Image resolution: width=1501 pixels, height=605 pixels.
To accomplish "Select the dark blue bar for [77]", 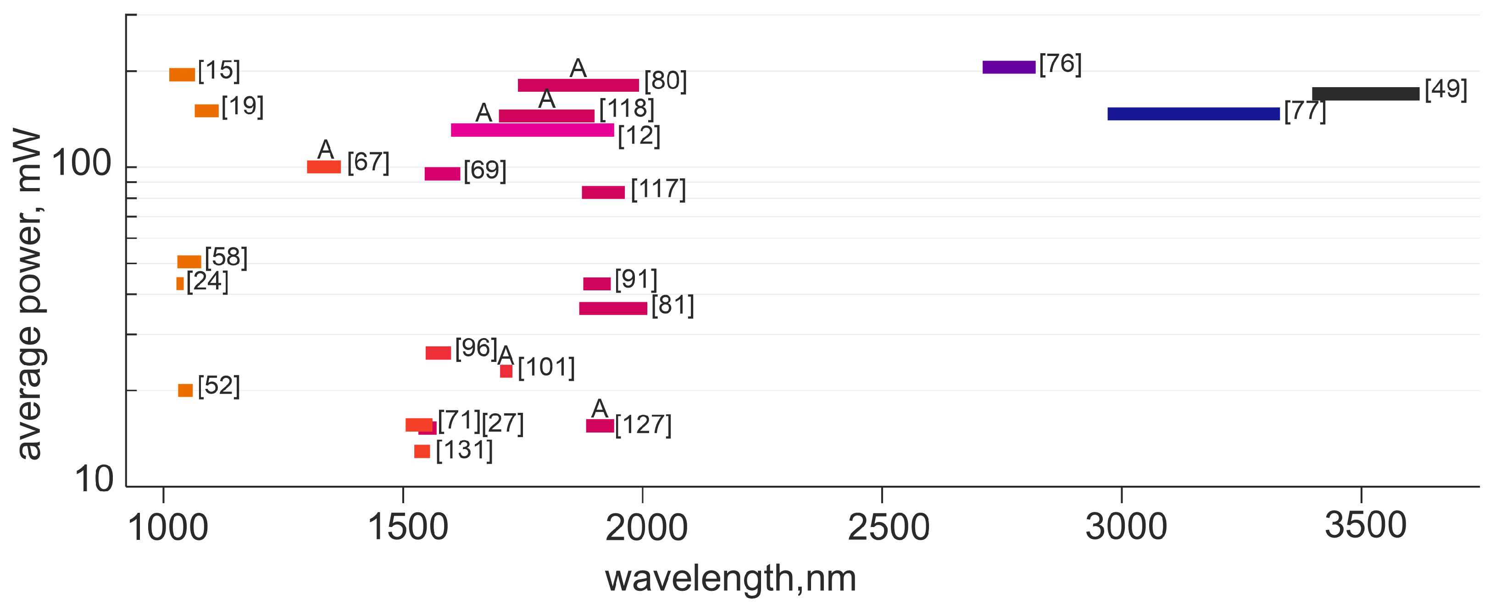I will click(1193, 114).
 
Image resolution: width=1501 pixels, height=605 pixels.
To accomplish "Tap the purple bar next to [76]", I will click(1009, 67).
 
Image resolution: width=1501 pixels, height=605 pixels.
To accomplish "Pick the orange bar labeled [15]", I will click(182, 75).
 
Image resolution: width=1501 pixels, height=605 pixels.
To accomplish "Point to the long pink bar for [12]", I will click(532, 130).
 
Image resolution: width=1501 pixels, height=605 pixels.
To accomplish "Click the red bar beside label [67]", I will click(323, 167).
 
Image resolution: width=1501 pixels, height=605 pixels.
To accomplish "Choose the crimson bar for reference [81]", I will click(613, 308).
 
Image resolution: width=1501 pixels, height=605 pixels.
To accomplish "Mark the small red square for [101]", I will click(506, 371).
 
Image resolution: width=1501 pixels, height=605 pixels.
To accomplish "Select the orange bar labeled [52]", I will click(185, 390).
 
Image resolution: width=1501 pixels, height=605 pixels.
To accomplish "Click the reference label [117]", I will click(658, 189).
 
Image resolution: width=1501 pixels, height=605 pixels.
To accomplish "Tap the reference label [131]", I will click(464, 450).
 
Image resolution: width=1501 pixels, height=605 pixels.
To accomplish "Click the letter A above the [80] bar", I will click(578, 69).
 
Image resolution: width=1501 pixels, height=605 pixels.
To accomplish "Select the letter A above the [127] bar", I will click(600, 409).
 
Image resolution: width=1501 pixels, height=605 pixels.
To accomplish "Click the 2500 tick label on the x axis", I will click(888, 527).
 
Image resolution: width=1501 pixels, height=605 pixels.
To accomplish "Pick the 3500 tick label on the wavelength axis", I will click(1365, 525).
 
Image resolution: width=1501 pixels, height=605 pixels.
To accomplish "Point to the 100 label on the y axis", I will click(82, 163).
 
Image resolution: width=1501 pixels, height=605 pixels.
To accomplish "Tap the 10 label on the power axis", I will click(94, 480).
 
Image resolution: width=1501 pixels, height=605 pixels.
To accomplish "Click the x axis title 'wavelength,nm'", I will click(730, 578).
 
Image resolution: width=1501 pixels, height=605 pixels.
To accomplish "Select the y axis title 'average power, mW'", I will click(29, 294).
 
